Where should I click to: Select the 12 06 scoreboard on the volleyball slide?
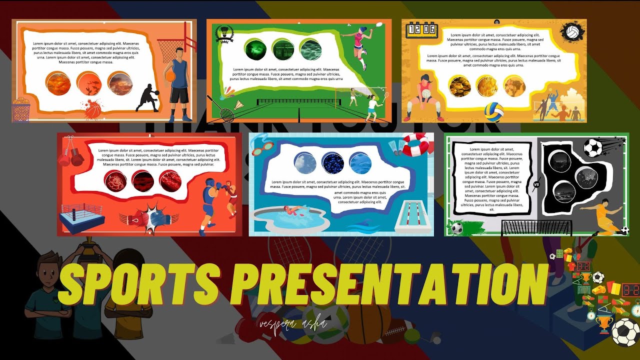pyautogui.click(x=421, y=29)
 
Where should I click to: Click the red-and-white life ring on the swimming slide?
pyautogui.click(x=416, y=144)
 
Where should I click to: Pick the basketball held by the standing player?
pyautogui.click(x=170, y=75)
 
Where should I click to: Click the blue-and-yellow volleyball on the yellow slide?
pyautogui.click(x=493, y=111)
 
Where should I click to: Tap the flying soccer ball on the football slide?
pyautogui.click(x=593, y=147)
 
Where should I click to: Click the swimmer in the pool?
pyautogui.click(x=292, y=210)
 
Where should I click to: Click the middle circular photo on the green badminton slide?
pyautogui.click(x=282, y=50)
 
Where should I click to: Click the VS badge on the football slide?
pyautogui.click(x=537, y=184)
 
